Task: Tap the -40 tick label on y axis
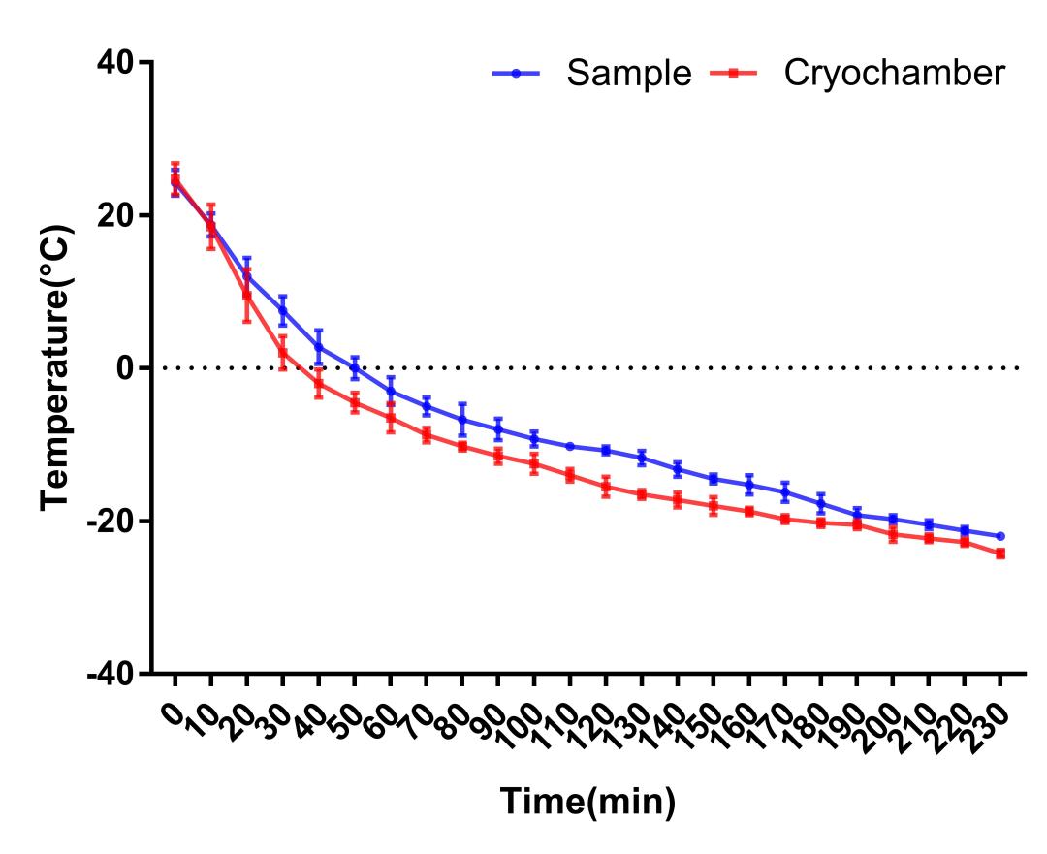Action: (x=115, y=674)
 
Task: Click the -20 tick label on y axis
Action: (x=115, y=521)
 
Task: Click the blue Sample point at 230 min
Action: (x=999, y=536)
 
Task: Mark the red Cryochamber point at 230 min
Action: (x=999, y=554)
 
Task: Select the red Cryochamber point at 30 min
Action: (x=282, y=352)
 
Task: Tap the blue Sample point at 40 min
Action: (x=318, y=347)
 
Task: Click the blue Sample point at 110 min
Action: (x=569, y=446)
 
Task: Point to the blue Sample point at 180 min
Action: (x=820, y=503)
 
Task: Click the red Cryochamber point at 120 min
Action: (x=605, y=487)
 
